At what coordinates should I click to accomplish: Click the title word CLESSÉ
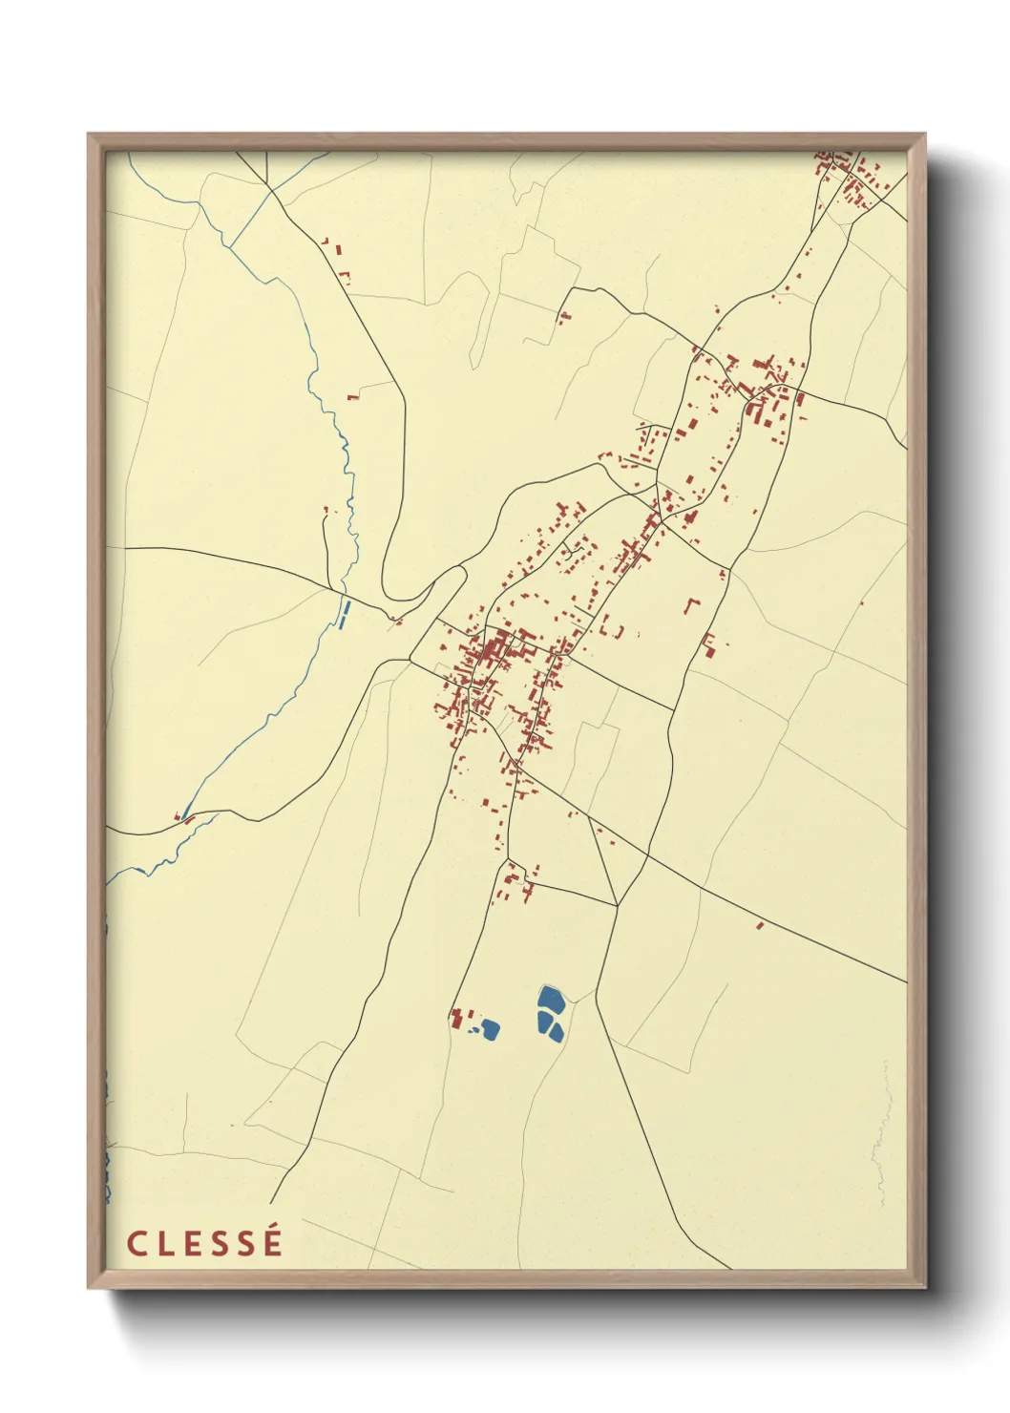(205, 1243)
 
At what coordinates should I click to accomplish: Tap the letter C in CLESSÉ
(137, 1244)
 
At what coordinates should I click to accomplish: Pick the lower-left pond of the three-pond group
(543, 1024)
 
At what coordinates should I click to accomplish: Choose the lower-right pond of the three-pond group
(558, 1032)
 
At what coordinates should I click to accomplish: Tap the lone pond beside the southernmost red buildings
(490, 1028)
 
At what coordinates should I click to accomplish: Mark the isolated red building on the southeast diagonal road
(760, 925)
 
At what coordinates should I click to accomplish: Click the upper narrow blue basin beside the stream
(347, 606)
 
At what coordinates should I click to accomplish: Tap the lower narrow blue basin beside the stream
(341, 622)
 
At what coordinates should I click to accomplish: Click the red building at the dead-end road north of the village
(564, 316)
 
